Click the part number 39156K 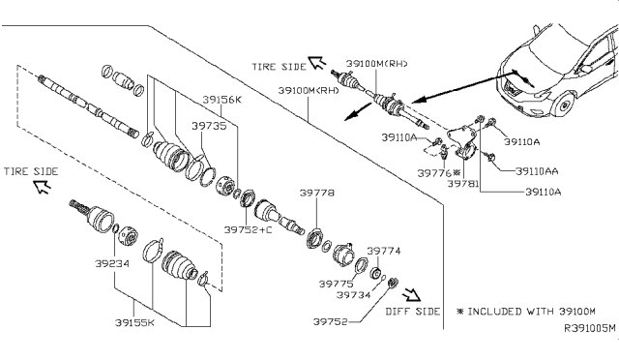[x=221, y=100]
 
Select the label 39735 [x=209, y=126]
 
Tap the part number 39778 [x=317, y=193]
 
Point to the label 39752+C [x=248, y=229]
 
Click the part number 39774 [x=384, y=251]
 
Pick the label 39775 [x=337, y=284]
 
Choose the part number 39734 [x=354, y=295]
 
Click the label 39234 [x=112, y=263]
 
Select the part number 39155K [x=134, y=323]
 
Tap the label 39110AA [x=537, y=171]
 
